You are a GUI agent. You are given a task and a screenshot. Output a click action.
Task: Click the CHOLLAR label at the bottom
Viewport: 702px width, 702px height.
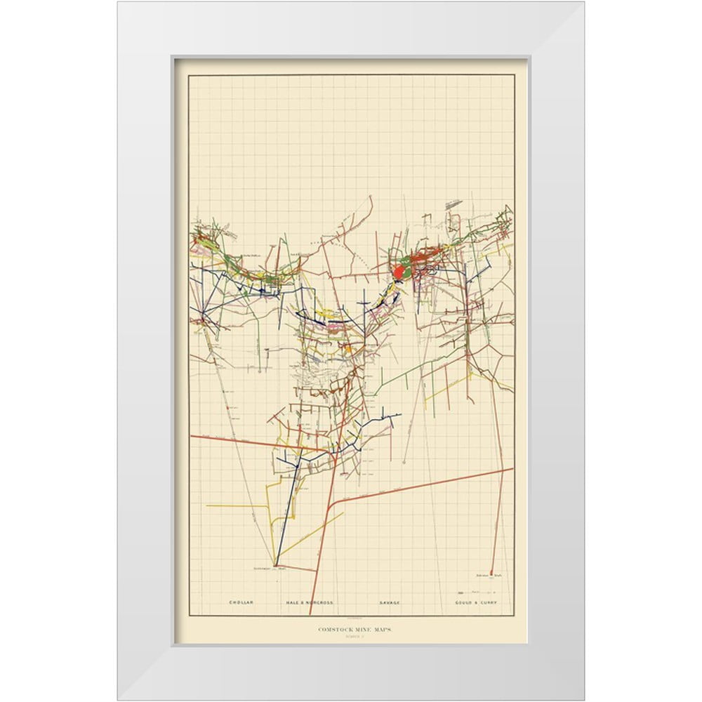coord(240,603)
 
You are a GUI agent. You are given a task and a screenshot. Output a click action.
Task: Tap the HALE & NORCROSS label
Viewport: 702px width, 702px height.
coord(309,603)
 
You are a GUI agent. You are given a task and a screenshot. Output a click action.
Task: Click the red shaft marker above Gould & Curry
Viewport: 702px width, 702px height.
coord(491,573)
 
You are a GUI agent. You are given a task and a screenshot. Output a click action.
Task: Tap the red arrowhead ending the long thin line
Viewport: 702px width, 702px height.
coord(405,461)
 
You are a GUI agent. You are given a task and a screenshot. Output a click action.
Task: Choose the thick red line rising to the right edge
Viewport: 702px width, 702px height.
coord(435,484)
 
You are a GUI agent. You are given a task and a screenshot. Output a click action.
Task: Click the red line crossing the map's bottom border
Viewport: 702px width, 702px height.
coord(311,611)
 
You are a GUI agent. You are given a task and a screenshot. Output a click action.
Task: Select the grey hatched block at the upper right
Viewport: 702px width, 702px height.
coord(453,204)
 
